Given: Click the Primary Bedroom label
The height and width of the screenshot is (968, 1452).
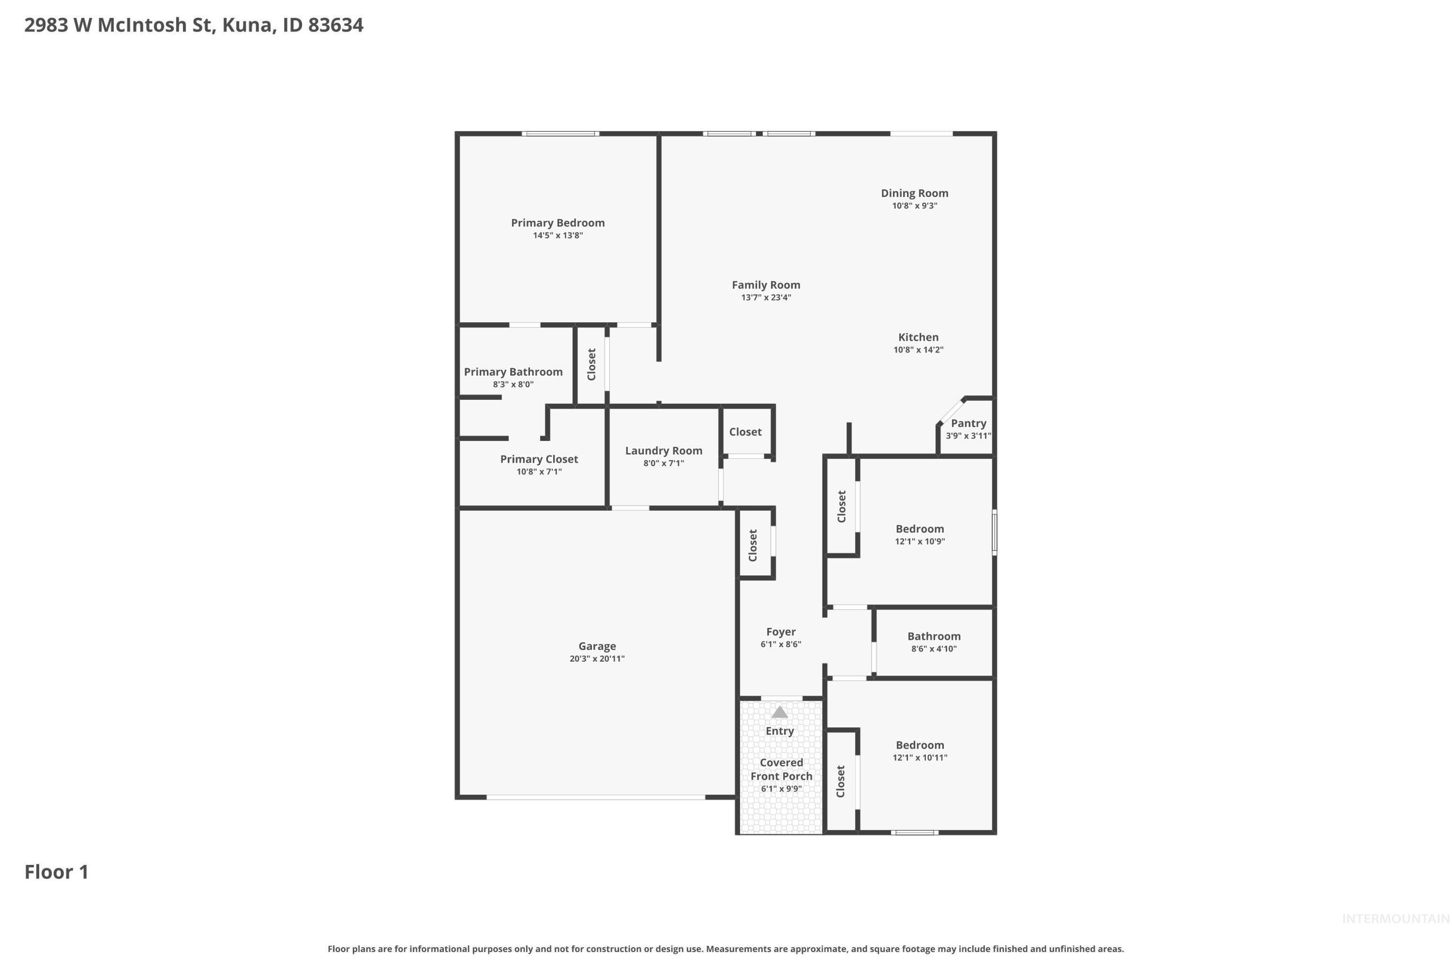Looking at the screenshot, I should [x=557, y=223].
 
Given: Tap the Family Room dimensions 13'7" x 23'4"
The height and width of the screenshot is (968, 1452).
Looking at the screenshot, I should [x=766, y=298].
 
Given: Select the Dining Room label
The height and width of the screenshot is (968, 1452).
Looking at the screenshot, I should [x=914, y=193].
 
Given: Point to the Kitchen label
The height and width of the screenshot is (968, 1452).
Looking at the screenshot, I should [x=918, y=337].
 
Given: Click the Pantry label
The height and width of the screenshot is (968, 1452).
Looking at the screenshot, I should [x=968, y=423].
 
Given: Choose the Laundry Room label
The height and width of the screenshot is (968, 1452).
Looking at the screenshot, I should [x=663, y=450].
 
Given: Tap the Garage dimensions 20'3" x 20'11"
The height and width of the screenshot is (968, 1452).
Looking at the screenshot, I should [x=596, y=659].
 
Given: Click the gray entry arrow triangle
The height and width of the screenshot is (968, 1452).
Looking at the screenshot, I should [x=780, y=712].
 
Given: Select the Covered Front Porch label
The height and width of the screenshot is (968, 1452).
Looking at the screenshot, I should [x=781, y=769].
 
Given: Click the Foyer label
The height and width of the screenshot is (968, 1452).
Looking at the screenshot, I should [x=780, y=631].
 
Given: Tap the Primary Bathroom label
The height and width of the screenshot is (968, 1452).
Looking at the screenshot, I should [x=513, y=372].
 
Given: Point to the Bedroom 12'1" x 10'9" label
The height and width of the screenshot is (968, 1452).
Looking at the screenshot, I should [x=919, y=529].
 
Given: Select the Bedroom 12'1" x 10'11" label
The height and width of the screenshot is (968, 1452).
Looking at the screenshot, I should [x=919, y=745].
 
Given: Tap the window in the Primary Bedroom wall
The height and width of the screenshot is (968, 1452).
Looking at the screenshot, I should [x=560, y=133].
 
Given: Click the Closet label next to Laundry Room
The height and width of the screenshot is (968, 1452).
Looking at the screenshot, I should [x=745, y=432].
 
